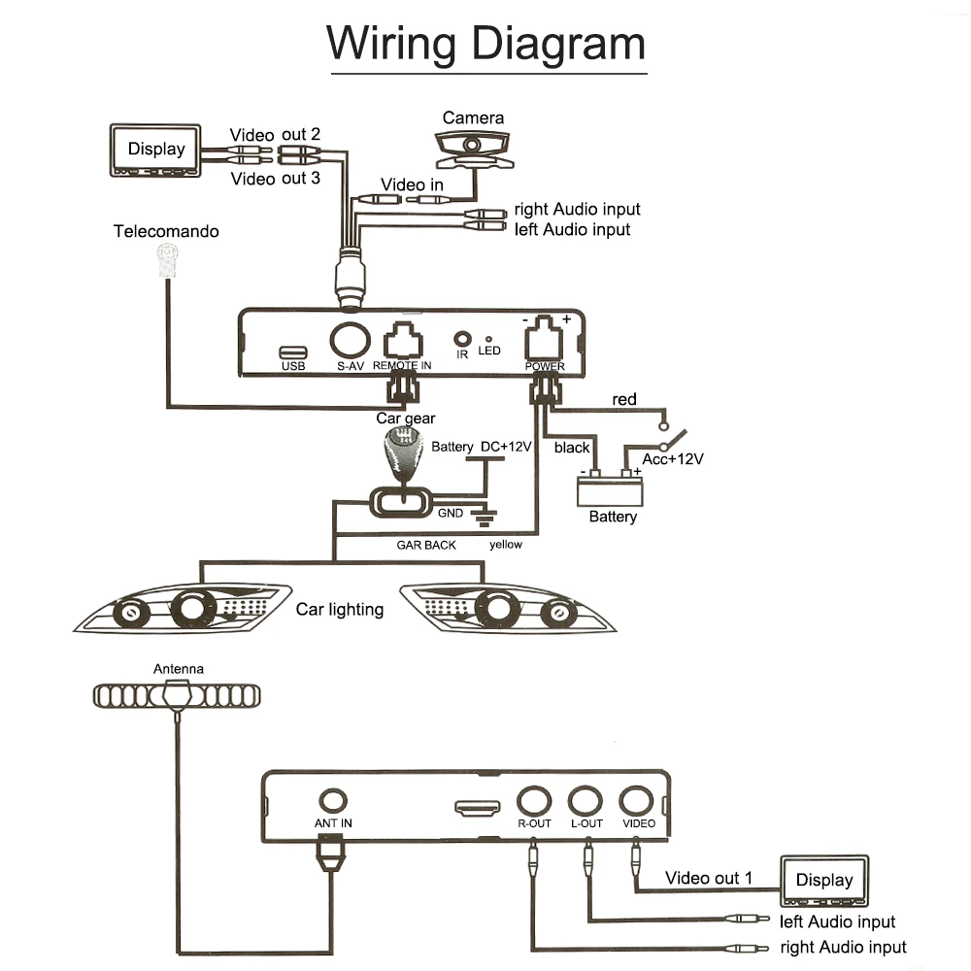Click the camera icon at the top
click(x=474, y=150)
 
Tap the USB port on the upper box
click(x=293, y=352)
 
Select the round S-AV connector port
click(x=350, y=340)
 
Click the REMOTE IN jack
click(x=403, y=341)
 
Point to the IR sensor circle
click(x=462, y=339)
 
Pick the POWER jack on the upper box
click(x=544, y=338)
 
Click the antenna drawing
click(x=177, y=695)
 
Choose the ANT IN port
click(x=332, y=800)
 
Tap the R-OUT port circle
click(x=534, y=801)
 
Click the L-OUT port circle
click(x=586, y=801)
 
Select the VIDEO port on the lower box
click(x=636, y=801)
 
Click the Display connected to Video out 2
click(x=155, y=151)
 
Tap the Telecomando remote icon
click(x=167, y=260)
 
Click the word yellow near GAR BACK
click(x=505, y=545)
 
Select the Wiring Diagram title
click(x=486, y=44)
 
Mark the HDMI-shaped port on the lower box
click(x=478, y=808)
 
